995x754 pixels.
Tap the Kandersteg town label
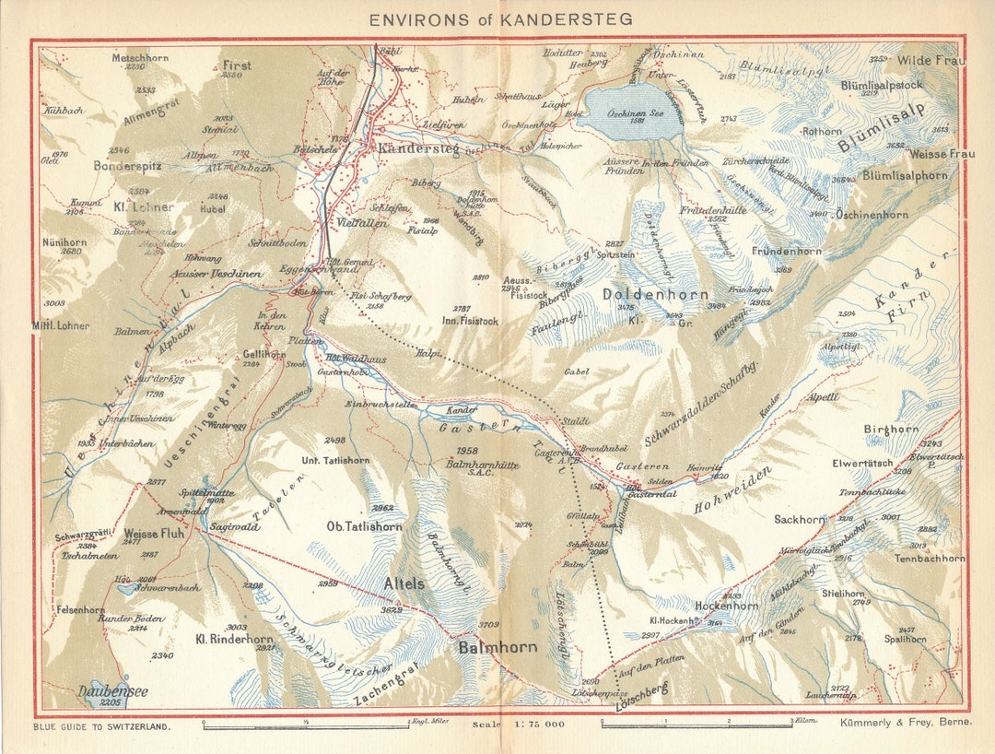[415, 148]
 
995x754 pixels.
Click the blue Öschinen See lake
[635, 112]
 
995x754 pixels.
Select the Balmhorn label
[497, 647]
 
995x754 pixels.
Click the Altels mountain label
[404, 583]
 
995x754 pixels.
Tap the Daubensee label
[112, 690]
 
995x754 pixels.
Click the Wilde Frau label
[931, 61]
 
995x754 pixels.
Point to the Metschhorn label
[140, 57]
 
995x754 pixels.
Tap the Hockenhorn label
[727, 606]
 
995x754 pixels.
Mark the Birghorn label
[891, 430]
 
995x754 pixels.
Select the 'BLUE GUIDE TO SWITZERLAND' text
[102, 726]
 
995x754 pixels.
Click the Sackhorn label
[799, 519]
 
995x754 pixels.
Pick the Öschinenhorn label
[872, 215]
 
